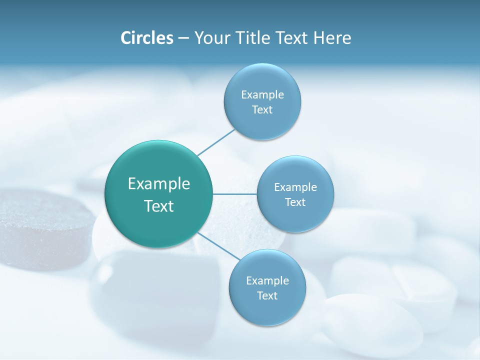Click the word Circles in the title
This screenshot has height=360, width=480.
click(x=146, y=38)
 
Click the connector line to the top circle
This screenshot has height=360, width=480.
click(x=216, y=142)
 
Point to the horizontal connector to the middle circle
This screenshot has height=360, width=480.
click(x=234, y=194)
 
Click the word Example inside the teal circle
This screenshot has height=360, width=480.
click(x=158, y=184)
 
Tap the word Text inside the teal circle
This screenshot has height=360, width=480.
click(x=158, y=206)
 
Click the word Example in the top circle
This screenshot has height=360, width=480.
click(x=262, y=94)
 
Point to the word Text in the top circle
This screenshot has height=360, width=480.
click(x=262, y=110)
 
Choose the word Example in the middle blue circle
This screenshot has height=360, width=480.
click(x=295, y=187)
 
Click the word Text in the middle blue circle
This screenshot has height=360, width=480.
click(x=295, y=202)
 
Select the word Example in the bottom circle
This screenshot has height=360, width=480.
click(x=267, y=280)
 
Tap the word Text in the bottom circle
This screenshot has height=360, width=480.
click(x=267, y=296)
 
